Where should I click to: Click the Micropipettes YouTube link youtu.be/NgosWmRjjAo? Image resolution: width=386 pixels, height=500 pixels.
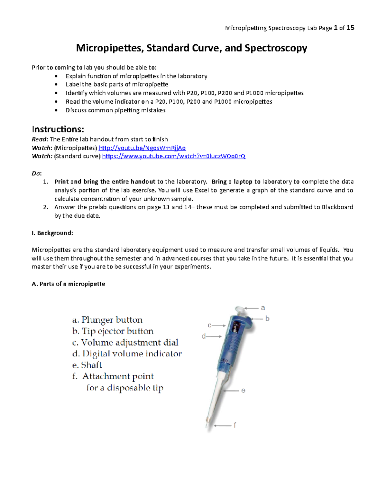coord(142,148)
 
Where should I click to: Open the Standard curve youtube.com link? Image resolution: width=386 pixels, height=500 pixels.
coord(174,156)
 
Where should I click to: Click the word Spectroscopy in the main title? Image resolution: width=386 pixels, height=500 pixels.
coord(276,48)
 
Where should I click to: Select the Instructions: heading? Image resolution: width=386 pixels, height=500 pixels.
coord(58,129)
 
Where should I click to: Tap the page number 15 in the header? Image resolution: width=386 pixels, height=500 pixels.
coord(350,28)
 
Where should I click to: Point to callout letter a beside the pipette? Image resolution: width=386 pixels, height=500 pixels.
coord(263,308)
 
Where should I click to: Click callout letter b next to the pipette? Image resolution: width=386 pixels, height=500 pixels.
coord(267,319)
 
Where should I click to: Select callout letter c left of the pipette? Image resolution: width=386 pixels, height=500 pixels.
coord(209,325)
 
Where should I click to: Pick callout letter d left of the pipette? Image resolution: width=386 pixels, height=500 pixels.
coord(204,336)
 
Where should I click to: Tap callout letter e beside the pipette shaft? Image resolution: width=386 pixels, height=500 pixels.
coord(243,391)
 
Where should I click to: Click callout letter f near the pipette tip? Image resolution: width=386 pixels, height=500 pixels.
coord(235,425)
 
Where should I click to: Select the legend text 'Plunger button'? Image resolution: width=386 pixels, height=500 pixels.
coord(112,320)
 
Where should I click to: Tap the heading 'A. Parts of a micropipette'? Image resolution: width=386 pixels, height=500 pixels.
coord(69,284)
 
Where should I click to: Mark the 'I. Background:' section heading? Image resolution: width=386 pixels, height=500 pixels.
coord(52,233)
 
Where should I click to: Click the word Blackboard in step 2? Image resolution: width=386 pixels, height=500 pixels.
coord(337,207)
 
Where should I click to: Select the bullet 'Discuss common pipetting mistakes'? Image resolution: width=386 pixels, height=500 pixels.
coord(115,110)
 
